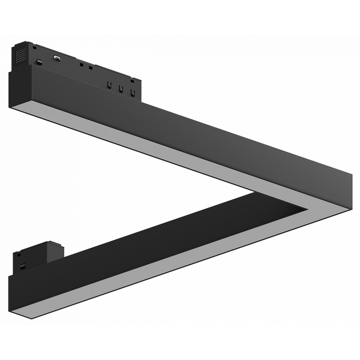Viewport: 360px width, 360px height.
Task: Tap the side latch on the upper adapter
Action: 38,62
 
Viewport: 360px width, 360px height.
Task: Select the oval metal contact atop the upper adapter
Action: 57,58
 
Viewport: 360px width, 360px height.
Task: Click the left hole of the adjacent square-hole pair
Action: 80,63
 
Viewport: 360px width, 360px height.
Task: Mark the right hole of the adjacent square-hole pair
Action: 90,66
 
